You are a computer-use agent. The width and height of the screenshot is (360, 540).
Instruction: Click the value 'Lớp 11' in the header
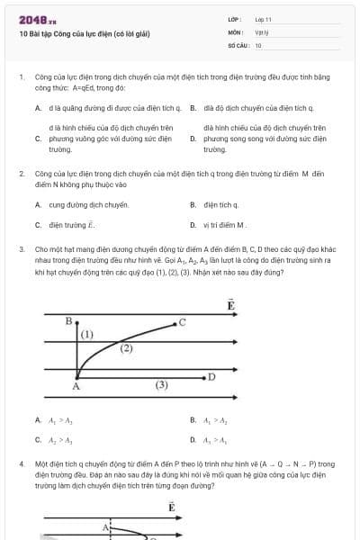(x=263, y=18)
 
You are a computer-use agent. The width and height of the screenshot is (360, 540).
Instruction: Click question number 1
(x=21, y=78)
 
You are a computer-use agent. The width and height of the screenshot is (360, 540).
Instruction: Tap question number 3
(x=21, y=247)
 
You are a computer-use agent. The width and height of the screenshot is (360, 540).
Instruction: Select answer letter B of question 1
(x=193, y=107)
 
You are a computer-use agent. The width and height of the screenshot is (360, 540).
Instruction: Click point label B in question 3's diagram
(x=68, y=319)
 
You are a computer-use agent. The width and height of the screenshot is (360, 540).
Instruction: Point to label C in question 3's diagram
(x=182, y=321)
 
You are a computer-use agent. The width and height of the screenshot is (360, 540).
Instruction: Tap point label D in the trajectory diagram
(x=211, y=376)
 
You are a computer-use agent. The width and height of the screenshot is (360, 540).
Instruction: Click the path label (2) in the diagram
(x=126, y=347)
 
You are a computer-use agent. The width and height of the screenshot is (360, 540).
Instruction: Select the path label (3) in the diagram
(x=161, y=384)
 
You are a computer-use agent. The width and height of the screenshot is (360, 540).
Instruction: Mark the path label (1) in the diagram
(x=87, y=334)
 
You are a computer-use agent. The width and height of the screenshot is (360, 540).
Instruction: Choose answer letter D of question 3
(x=193, y=439)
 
